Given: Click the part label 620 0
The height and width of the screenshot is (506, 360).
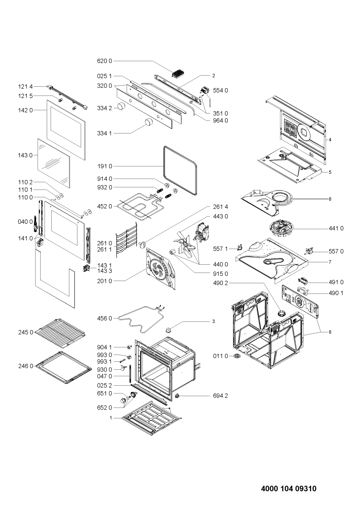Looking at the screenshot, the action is click(104, 61).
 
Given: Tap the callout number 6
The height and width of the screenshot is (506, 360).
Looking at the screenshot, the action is click(330, 199).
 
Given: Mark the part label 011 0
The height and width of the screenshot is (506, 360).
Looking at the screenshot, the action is click(221, 356).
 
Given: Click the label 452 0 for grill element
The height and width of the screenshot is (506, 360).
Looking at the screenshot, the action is click(104, 206).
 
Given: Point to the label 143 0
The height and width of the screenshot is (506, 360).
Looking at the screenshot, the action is click(25, 155).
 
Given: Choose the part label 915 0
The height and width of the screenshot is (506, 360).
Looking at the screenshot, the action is click(220, 274).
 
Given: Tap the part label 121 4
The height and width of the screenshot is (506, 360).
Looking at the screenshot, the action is click(25, 86).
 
